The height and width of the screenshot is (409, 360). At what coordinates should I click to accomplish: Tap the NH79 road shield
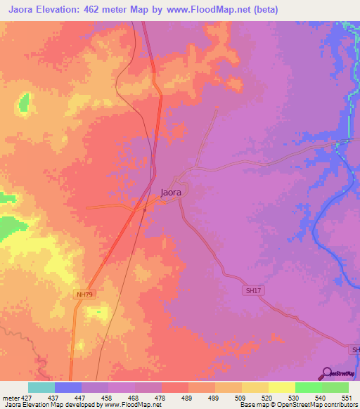84,294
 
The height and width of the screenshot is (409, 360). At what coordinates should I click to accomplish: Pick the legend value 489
188,397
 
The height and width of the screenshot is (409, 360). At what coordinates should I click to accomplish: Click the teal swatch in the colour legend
41,387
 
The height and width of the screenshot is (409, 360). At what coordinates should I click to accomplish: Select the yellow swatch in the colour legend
281,387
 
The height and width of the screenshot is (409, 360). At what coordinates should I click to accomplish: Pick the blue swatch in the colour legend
68,387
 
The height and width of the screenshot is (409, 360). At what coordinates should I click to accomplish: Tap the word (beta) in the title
266,10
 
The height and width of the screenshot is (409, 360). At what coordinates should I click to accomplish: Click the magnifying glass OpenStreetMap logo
326,373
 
